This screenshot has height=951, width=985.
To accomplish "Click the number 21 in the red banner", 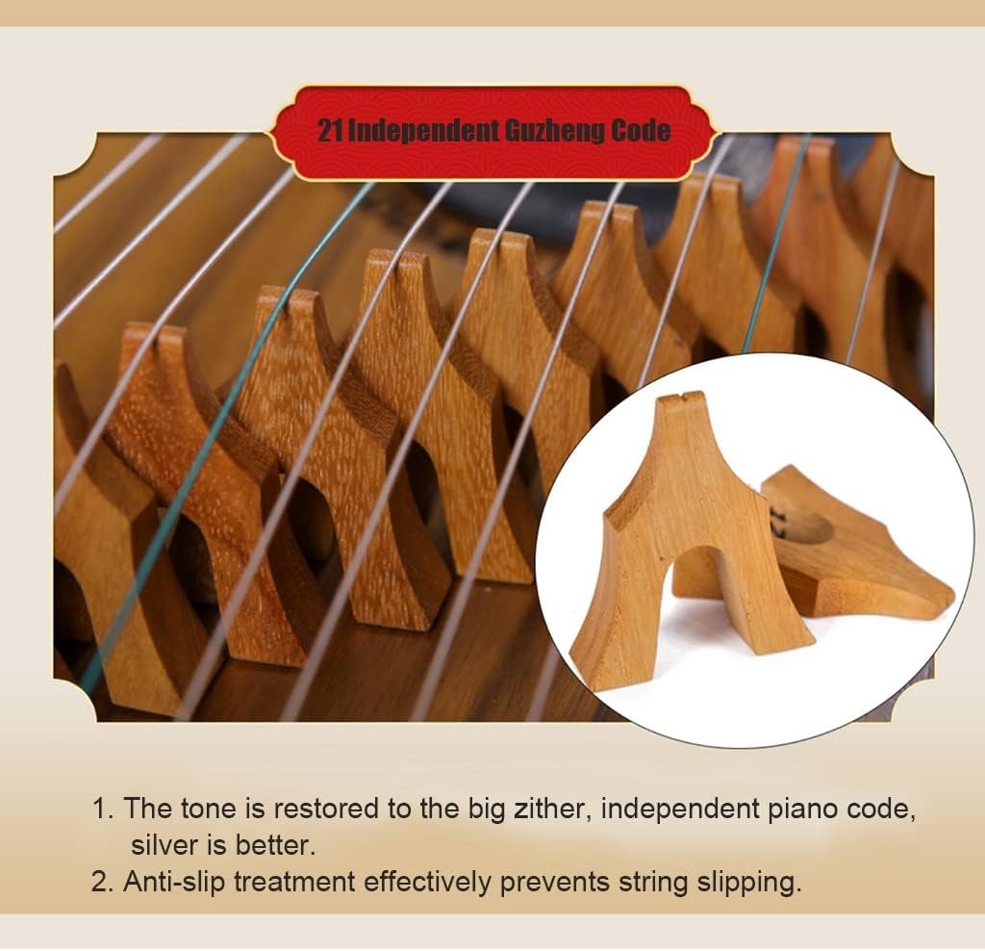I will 330,131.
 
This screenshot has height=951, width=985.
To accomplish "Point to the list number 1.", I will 102,808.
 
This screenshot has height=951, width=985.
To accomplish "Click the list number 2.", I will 102,883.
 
